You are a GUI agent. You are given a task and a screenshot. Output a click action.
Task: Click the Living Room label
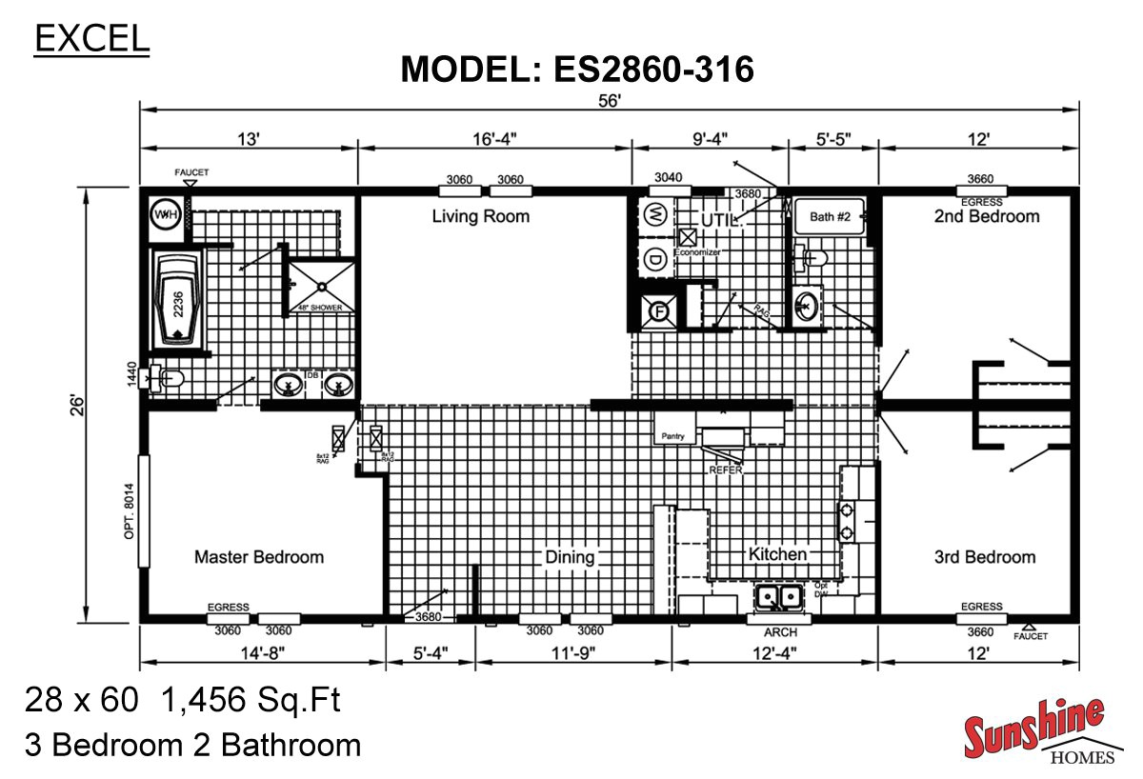[x=480, y=216]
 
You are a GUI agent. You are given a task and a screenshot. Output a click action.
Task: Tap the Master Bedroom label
[x=259, y=557]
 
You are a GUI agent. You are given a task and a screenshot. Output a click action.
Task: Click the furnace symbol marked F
[x=657, y=310]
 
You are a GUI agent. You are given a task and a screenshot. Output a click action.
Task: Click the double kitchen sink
[x=778, y=597]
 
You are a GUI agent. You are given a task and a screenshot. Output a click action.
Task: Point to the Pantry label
[x=672, y=436]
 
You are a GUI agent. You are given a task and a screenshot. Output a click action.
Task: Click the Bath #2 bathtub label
[x=830, y=217]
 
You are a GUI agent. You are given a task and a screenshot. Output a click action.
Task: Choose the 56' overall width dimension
[x=611, y=102]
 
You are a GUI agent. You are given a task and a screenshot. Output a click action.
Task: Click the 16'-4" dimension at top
[x=494, y=139]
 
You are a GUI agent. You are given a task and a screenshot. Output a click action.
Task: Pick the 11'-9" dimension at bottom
[x=574, y=653]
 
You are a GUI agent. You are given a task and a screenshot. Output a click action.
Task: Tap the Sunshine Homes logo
[x=1034, y=731]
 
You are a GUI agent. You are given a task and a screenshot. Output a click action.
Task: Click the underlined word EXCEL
[x=92, y=38]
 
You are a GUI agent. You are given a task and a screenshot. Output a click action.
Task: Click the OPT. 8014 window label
[x=130, y=515]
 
